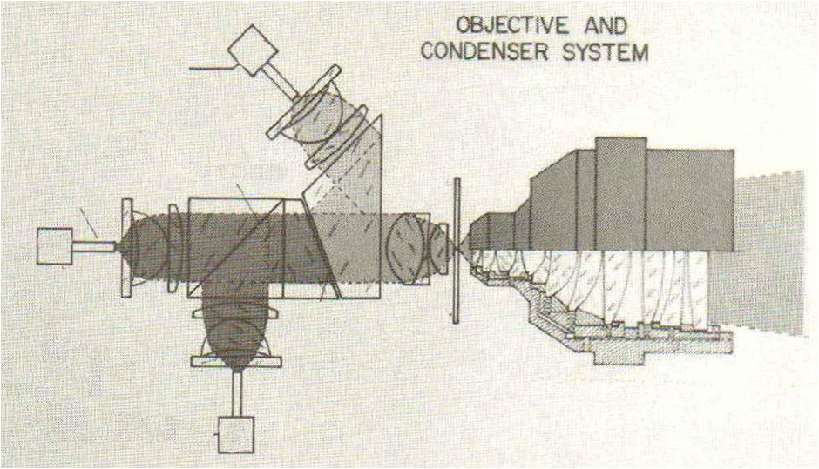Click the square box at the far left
[55, 245]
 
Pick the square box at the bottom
[236, 434]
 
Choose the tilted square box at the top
[253, 50]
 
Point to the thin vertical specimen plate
[457, 251]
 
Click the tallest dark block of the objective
[620, 193]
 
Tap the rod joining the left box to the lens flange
[93, 245]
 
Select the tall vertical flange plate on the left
[126, 247]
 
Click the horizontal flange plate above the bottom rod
[236, 361]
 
